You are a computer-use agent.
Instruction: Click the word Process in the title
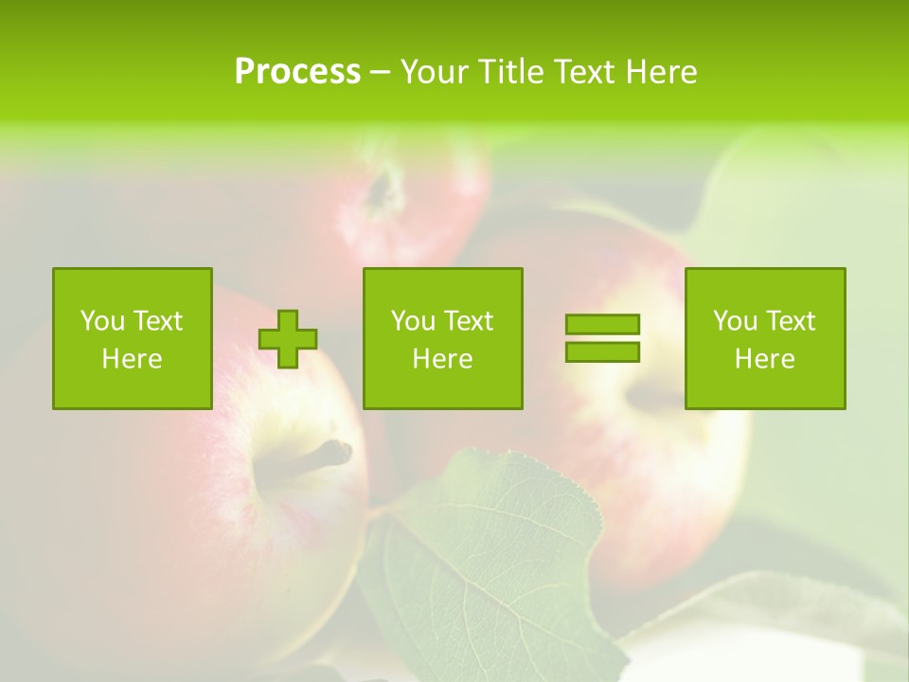click(x=297, y=72)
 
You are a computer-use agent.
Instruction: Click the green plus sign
click(x=288, y=339)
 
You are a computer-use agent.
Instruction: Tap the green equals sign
click(x=602, y=338)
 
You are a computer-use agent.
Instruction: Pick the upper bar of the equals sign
click(x=602, y=325)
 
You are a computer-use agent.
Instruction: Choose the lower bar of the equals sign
click(x=602, y=352)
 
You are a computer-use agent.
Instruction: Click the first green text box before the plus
click(x=133, y=338)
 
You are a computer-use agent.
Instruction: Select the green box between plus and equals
click(x=442, y=338)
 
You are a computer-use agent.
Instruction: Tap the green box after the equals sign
click(x=765, y=338)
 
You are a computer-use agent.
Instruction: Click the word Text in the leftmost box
click(x=158, y=321)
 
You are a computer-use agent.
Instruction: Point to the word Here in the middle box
click(x=442, y=359)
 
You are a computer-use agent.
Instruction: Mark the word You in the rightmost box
click(x=735, y=321)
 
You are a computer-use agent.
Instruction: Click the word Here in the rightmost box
click(x=765, y=359)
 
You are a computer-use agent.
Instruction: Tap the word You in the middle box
click(x=413, y=321)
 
